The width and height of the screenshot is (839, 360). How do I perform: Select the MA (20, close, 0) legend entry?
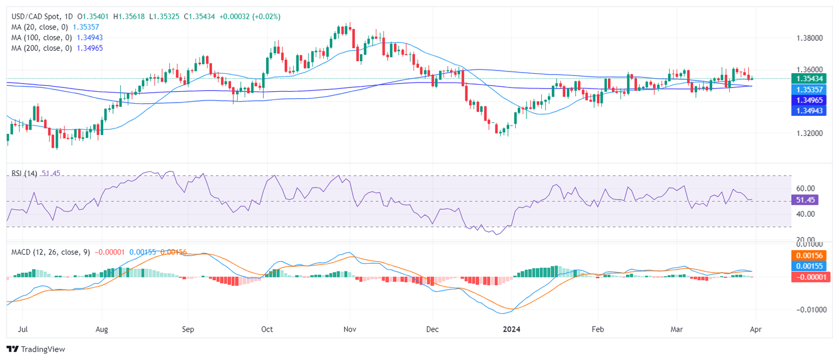click(x=41, y=27)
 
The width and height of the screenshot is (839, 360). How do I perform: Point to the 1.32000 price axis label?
click(x=810, y=133)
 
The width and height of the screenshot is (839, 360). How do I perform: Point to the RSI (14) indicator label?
click(x=25, y=173)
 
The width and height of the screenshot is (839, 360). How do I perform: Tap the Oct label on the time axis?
click(x=267, y=330)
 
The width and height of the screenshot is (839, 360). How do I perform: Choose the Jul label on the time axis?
click(x=23, y=330)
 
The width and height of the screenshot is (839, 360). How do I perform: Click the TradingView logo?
click(x=36, y=349)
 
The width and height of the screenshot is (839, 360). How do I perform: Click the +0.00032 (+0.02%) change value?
click(x=250, y=17)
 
